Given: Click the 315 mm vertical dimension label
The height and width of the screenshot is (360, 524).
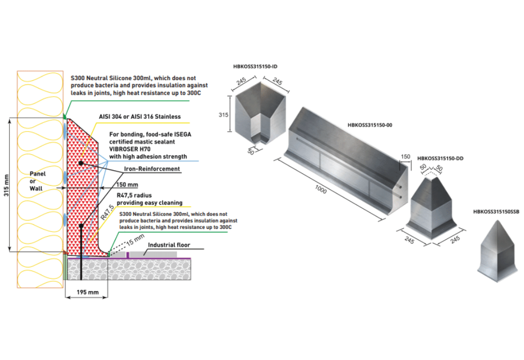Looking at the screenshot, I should [6, 185].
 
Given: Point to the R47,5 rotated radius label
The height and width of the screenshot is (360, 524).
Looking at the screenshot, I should [106, 212].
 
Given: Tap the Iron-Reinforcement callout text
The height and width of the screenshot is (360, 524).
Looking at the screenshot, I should [152, 169].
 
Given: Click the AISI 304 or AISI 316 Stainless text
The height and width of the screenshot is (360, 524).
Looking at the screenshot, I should [139, 117].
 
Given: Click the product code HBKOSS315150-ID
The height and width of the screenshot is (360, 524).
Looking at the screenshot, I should [256, 67].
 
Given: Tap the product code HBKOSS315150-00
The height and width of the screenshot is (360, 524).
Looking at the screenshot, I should [370, 125].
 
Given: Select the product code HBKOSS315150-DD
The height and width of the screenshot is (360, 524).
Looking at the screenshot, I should [440, 158].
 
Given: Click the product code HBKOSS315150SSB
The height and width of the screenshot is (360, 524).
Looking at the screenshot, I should [496, 211].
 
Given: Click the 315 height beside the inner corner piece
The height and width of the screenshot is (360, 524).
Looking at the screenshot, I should [224, 115].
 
